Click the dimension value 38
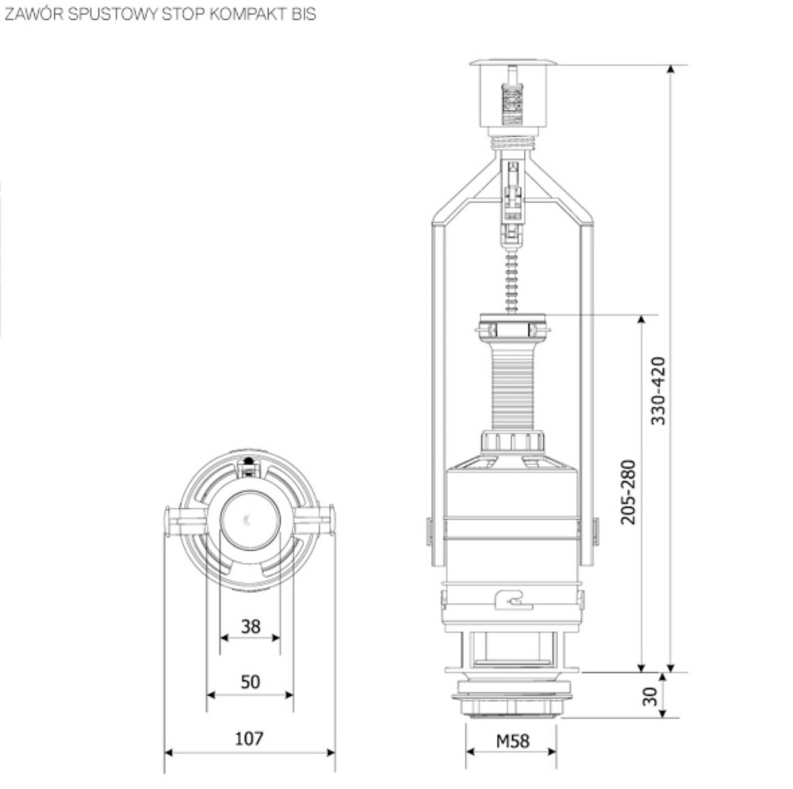pos(251,626)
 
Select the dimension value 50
pos(251,682)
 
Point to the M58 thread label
pos(511,741)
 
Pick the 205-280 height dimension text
pos(628,491)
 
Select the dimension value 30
pos(650,696)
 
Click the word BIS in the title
pos(303,15)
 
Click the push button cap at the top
pos(513,63)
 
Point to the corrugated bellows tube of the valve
pos(513,389)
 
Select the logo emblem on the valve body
pos(513,600)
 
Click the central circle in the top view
pos(250,520)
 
